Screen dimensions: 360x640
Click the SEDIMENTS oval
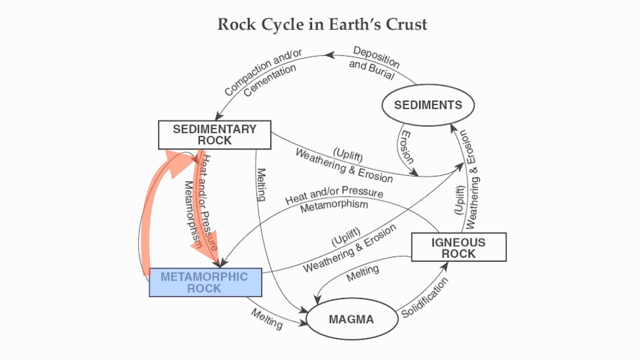tap(428, 105)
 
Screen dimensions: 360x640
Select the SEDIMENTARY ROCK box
tap(214, 135)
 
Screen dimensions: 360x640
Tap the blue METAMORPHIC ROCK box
tap(205, 282)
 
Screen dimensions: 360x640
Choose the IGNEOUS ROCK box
tap(458, 247)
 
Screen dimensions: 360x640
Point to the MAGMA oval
tap(351, 319)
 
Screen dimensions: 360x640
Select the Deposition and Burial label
tap(374, 63)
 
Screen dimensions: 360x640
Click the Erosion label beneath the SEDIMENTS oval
tap(407, 148)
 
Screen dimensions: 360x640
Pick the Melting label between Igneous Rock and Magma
tap(363, 273)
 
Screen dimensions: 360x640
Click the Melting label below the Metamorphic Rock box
tap(266, 318)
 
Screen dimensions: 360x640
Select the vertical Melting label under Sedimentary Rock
tap(261, 184)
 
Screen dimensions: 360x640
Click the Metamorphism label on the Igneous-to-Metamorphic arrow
tap(334, 205)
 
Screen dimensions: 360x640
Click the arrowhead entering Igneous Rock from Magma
tap(444, 264)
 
